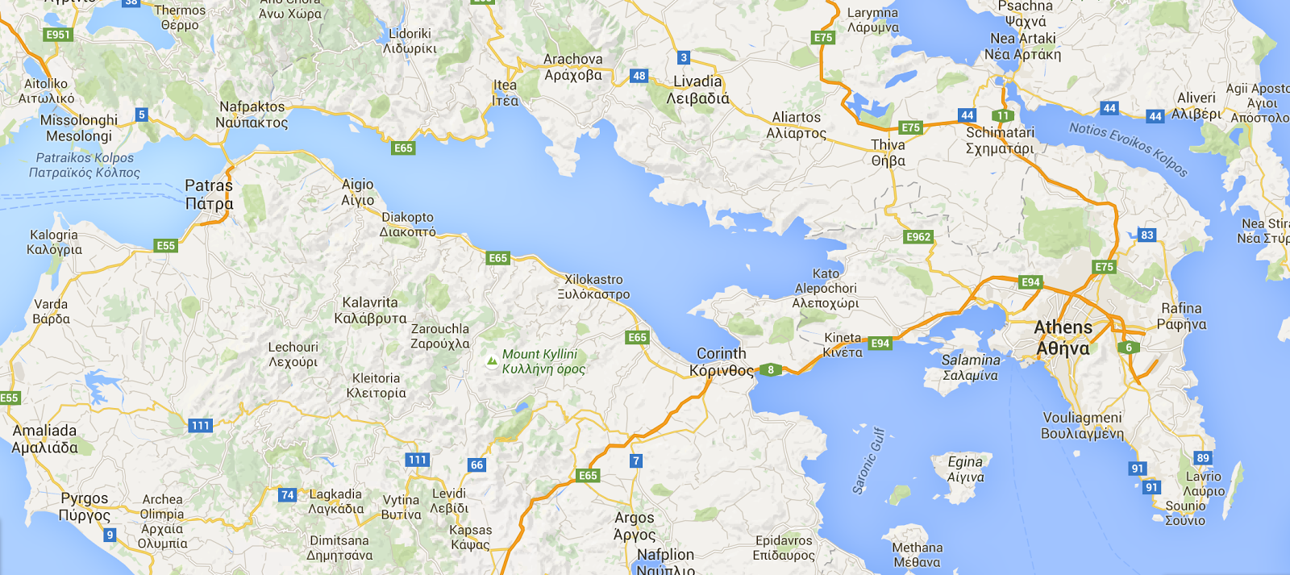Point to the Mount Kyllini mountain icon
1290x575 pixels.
(492, 361)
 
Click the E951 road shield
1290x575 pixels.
(58, 35)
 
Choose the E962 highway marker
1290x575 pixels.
(918, 237)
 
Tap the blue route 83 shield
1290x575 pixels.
(1147, 235)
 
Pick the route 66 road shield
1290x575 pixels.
(477, 465)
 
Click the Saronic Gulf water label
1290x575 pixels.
(869, 460)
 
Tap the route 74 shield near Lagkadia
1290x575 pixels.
(288, 495)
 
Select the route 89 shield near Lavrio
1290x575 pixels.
(1203, 458)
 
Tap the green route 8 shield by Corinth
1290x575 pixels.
(771, 370)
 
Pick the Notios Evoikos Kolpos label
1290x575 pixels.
(1128, 149)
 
